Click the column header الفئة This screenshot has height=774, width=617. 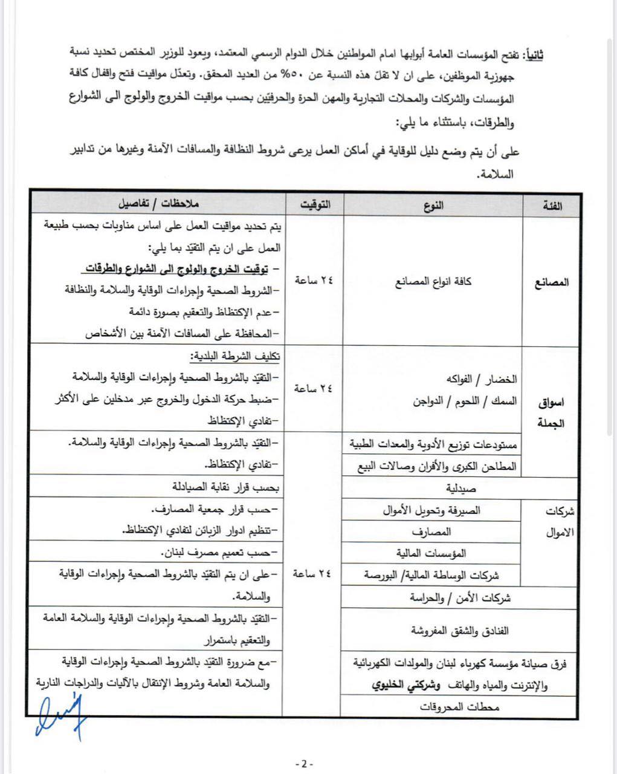click(x=552, y=206)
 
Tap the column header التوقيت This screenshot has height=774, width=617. click(x=314, y=205)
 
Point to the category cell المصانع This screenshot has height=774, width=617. click(x=552, y=282)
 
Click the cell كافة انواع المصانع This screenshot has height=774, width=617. click(x=433, y=281)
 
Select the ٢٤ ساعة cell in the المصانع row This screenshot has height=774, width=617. click(x=314, y=280)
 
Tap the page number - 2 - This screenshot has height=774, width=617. click(x=305, y=764)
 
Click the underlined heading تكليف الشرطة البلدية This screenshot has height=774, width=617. click(x=234, y=356)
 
